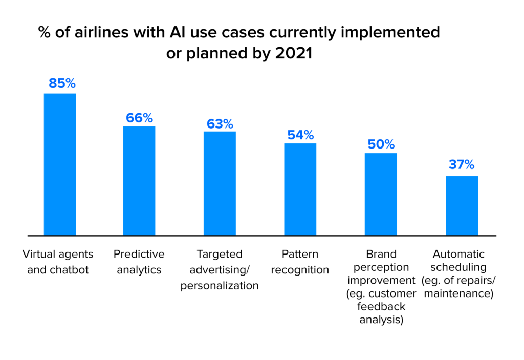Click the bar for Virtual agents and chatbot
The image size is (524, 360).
(60, 164)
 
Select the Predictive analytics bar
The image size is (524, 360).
(139, 181)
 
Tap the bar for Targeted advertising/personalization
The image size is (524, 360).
(220, 183)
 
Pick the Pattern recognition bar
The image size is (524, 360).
(300, 189)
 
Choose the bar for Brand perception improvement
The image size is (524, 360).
(381, 194)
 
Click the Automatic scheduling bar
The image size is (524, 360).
(462, 205)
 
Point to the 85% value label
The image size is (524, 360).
(62, 83)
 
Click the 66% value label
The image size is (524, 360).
(139, 118)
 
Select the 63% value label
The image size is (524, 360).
(220, 124)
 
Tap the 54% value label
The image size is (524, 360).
(300, 135)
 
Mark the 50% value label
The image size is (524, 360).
(381, 145)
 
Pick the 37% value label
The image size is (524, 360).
(462, 165)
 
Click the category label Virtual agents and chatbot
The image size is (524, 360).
(58, 262)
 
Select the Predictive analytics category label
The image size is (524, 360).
(139, 262)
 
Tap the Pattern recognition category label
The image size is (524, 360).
(300, 262)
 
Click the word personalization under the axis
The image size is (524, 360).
(220, 286)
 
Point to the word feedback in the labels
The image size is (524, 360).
(381, 307)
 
